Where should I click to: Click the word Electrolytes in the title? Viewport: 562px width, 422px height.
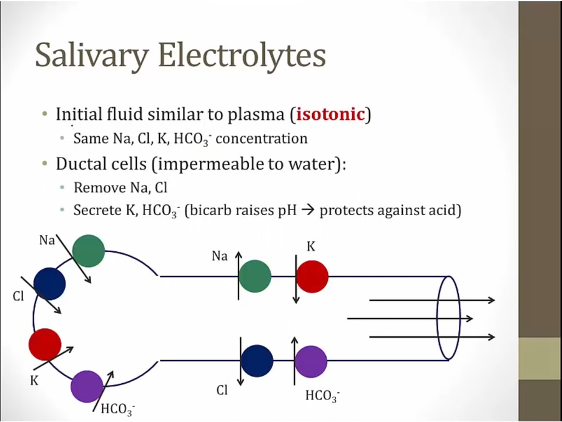coord(242,55)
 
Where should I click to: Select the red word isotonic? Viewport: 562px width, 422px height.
coord(330,114)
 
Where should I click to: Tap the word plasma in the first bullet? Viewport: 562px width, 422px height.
coord(257,115)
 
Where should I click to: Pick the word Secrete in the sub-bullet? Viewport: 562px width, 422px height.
coord(96,210)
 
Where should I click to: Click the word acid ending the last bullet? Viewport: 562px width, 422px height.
coord(444,210)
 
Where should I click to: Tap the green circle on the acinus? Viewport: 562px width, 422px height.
coord(88,251)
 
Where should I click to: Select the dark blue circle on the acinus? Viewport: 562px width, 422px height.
coord(49,283)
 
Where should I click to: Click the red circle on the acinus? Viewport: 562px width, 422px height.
coord(45,344)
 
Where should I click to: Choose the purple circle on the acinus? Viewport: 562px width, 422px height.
coord(87,386)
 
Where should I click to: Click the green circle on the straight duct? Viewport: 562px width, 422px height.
coord(255,276)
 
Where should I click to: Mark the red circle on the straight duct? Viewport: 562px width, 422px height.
coord(312,276)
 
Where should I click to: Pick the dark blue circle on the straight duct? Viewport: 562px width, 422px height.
coord(257,361)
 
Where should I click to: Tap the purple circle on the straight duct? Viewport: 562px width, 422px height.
coord(311,361)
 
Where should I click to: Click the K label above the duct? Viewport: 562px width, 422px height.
coord(310,247)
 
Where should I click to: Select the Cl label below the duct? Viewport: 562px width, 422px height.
coord(222,391)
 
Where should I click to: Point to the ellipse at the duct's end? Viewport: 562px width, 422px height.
coord(448,318)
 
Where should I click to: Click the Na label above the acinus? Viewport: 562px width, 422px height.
coord(47,239)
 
